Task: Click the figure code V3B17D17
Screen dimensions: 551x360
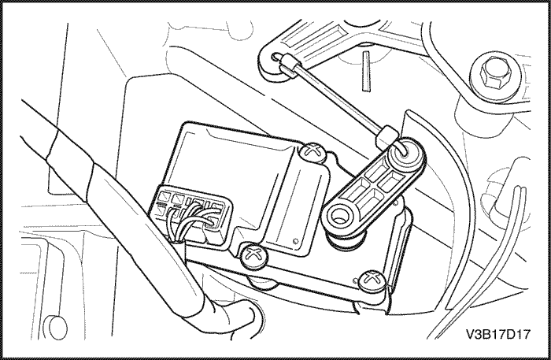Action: (497, 334)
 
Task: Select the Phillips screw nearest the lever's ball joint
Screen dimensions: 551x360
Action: (312, 153)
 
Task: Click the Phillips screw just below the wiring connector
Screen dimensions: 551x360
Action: (253, 255)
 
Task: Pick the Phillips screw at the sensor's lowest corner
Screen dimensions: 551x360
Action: (372, 280)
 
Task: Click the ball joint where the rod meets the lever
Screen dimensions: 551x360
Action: (405, 153)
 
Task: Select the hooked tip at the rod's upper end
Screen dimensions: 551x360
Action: (275, 56)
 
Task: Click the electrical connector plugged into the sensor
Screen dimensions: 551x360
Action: (190, 214)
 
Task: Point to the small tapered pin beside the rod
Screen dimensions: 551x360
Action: (366, 72)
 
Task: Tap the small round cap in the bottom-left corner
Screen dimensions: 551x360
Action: (57, 328)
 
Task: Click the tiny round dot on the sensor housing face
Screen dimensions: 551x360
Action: (295, 241)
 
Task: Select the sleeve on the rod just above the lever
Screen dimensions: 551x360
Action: (386, 135)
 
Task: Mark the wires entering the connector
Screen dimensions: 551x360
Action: (190, 221)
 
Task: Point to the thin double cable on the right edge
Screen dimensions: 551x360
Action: (492, 267)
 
